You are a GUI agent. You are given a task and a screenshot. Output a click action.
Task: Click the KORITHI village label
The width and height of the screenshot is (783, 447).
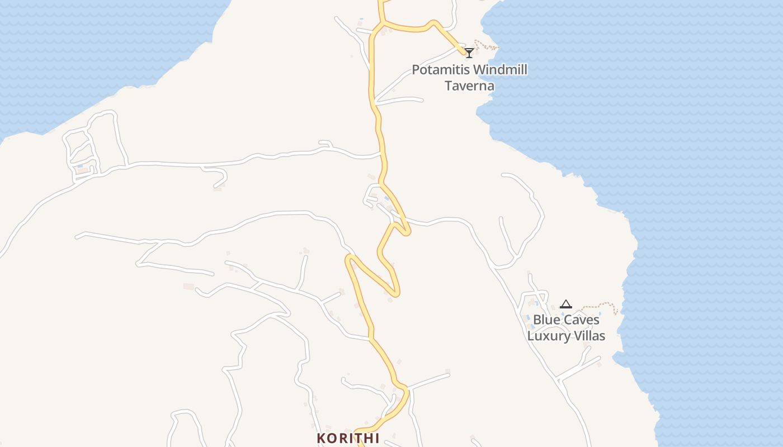point(348,438)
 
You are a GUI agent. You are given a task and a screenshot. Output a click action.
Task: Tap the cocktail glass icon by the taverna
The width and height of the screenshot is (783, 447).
point(469,53)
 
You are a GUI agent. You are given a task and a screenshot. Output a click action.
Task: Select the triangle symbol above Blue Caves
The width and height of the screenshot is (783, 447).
point(565,305)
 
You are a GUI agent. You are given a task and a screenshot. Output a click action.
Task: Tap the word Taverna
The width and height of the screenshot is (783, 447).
point(469,85)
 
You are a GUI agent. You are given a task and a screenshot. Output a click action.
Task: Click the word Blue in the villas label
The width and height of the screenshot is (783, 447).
point(545,320)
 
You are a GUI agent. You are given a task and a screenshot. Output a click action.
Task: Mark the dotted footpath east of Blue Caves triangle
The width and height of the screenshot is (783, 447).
point(601,306)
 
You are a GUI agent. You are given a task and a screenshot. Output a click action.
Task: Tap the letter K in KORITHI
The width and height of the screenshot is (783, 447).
point(321,438)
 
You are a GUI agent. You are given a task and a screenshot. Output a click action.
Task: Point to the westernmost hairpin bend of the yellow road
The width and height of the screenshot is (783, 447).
point(349,258)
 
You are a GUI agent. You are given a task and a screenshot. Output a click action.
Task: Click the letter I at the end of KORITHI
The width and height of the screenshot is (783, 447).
point(377,438)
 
